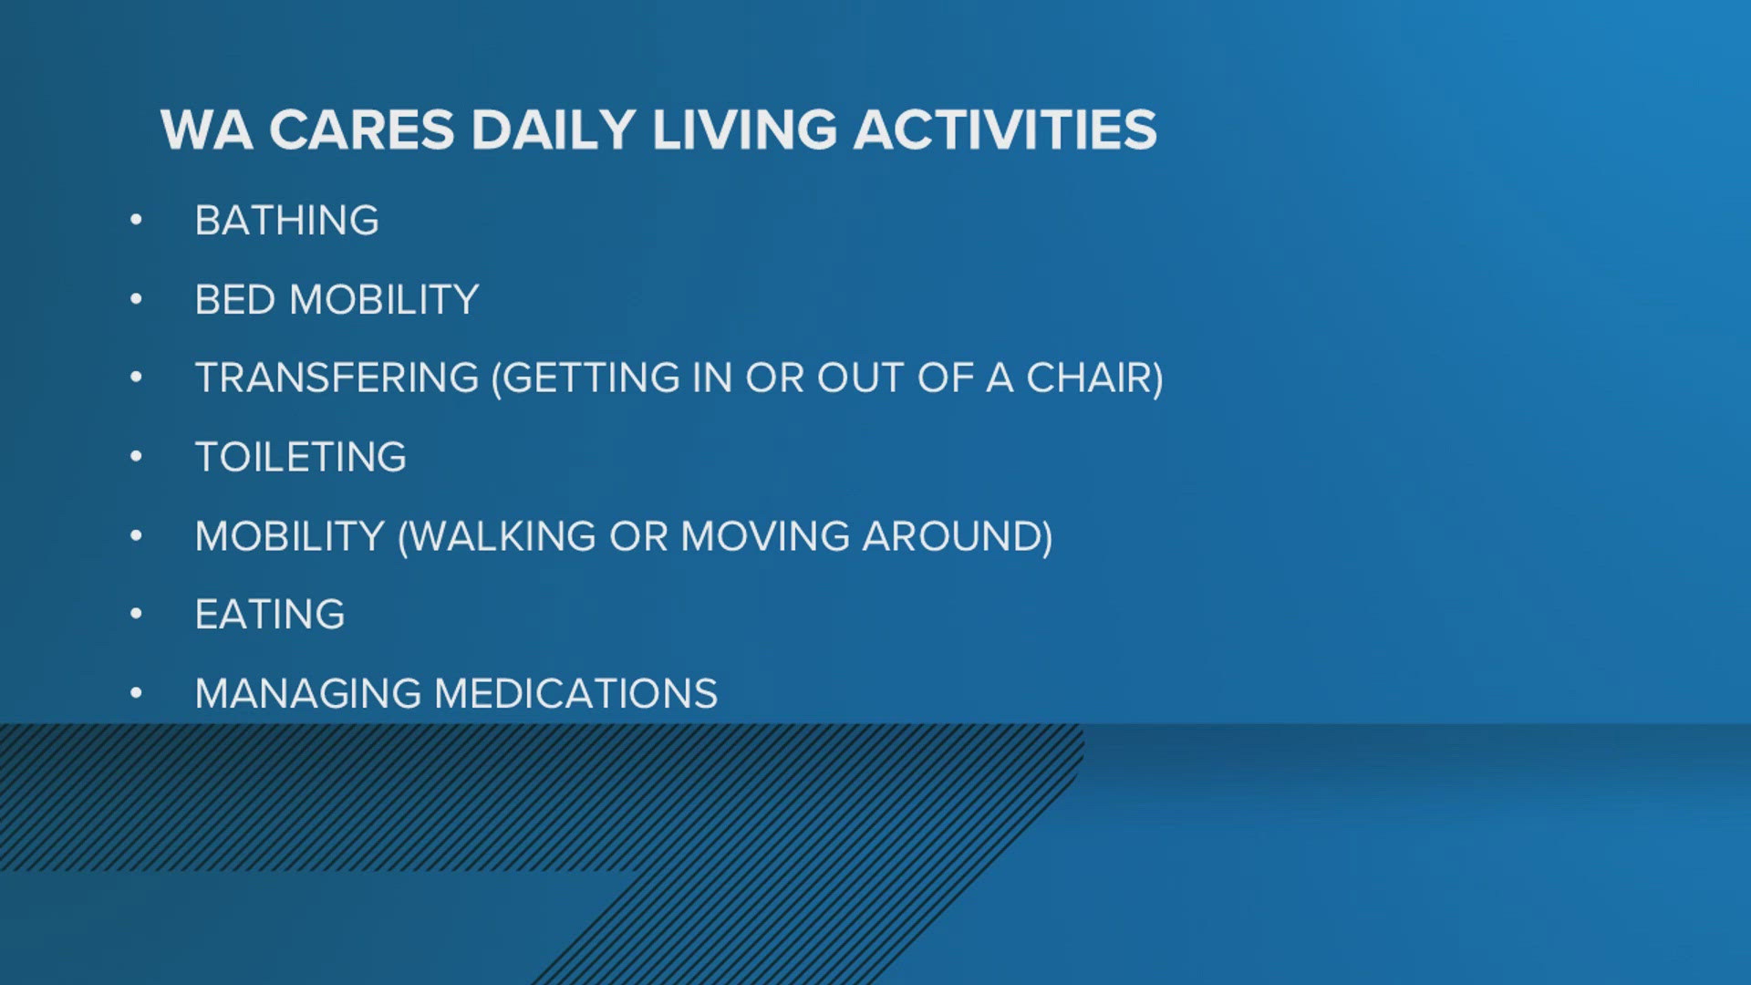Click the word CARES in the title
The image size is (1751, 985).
tap(361, 130)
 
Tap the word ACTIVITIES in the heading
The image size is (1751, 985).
tap(1005, 130)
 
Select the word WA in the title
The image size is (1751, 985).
tap(206, 130)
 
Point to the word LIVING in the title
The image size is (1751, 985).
tap(744, 130)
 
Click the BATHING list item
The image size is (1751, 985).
tap(287, 221)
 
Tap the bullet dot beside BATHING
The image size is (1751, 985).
tap(136, 219)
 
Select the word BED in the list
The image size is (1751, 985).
tap(235, 299)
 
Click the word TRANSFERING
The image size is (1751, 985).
tap(337, 378)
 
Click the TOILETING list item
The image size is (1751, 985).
tap(301, 457)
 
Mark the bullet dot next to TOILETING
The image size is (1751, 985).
tap(136, 456)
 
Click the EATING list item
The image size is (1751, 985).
tap(270, 615)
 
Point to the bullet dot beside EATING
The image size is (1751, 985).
tap(136, 614)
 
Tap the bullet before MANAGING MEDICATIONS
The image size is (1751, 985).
tap(136, 693)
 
